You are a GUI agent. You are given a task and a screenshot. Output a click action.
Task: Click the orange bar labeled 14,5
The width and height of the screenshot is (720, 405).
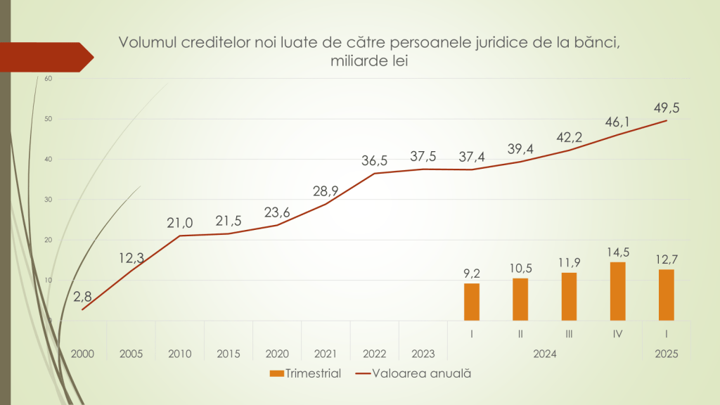tap(617, 291)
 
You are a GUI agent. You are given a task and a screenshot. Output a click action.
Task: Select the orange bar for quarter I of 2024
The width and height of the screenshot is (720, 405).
tap(472, 302)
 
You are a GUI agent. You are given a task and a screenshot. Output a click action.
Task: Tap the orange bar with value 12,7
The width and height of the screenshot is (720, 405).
tap(666, 295)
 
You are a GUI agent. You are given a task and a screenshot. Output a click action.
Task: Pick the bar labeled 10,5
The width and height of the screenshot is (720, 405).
tap(520, 299)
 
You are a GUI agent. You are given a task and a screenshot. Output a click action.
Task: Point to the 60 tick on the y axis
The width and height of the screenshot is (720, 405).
tap(49, 79)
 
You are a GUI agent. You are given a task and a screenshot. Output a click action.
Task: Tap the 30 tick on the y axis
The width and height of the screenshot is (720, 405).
tap(49, 200)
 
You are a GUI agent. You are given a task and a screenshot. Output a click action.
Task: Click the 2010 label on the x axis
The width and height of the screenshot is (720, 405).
tap(179, 354)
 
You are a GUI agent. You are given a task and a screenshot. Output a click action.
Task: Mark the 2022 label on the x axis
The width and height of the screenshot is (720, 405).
tap(374, 354)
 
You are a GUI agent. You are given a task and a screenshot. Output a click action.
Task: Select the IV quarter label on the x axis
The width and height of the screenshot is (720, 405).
tap(617, 334)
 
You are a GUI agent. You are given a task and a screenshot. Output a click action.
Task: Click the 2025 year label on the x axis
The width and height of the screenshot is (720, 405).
tap(666, 354)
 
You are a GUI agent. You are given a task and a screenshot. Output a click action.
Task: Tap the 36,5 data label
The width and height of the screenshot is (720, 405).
tap(373, 160)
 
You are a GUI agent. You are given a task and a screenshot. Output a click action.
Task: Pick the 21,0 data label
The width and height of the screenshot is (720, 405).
tap(180, 223)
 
